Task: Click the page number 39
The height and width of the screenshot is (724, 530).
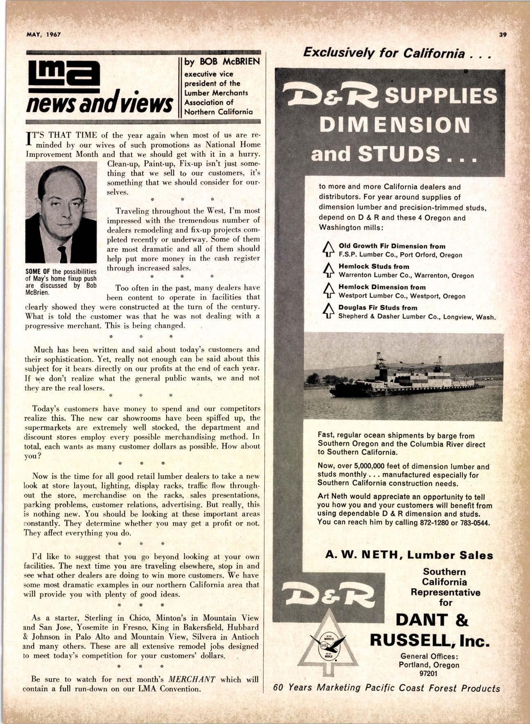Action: (503, 35)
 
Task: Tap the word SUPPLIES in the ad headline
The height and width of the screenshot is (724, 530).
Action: (442, 96)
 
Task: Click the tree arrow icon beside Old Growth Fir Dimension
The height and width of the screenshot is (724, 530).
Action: (327, 250)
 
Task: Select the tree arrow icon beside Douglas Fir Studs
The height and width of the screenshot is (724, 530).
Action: (327, 311)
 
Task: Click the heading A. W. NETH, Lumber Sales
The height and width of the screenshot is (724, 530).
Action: (409, 555)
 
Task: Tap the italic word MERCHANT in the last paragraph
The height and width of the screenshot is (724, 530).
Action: (193, 679)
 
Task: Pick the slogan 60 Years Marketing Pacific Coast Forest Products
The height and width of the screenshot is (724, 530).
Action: (387, 688)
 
